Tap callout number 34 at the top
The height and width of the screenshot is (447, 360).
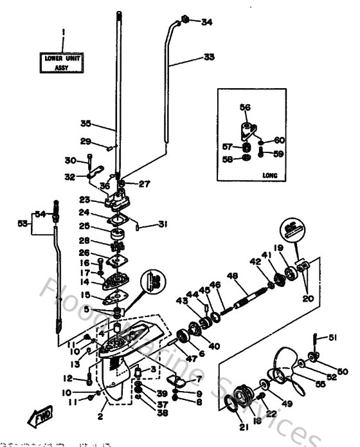pyautogui.click(x=206, y=22)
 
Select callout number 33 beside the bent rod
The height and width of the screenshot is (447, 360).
pyautogui.click(x=209, y=57)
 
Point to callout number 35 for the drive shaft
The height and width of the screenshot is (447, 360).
pyautogui.click(x=86, y=123)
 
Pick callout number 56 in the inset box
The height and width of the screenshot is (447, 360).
pyautogui.click(x=245, y=107)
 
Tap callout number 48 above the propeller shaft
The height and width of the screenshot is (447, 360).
pyautogui.click(x=232, y=276)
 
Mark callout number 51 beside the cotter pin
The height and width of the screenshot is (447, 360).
pyautogui.click(x=332, y=337)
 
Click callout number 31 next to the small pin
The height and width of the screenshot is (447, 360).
pyautogui.click(x=163, y=224)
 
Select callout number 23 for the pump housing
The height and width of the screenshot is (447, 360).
pyautogui.click(x=84, y=199)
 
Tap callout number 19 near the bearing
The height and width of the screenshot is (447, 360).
pyautogui.click(x=280, y=247)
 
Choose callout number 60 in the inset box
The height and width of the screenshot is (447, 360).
pyautogui.click(x=279, y=140)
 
